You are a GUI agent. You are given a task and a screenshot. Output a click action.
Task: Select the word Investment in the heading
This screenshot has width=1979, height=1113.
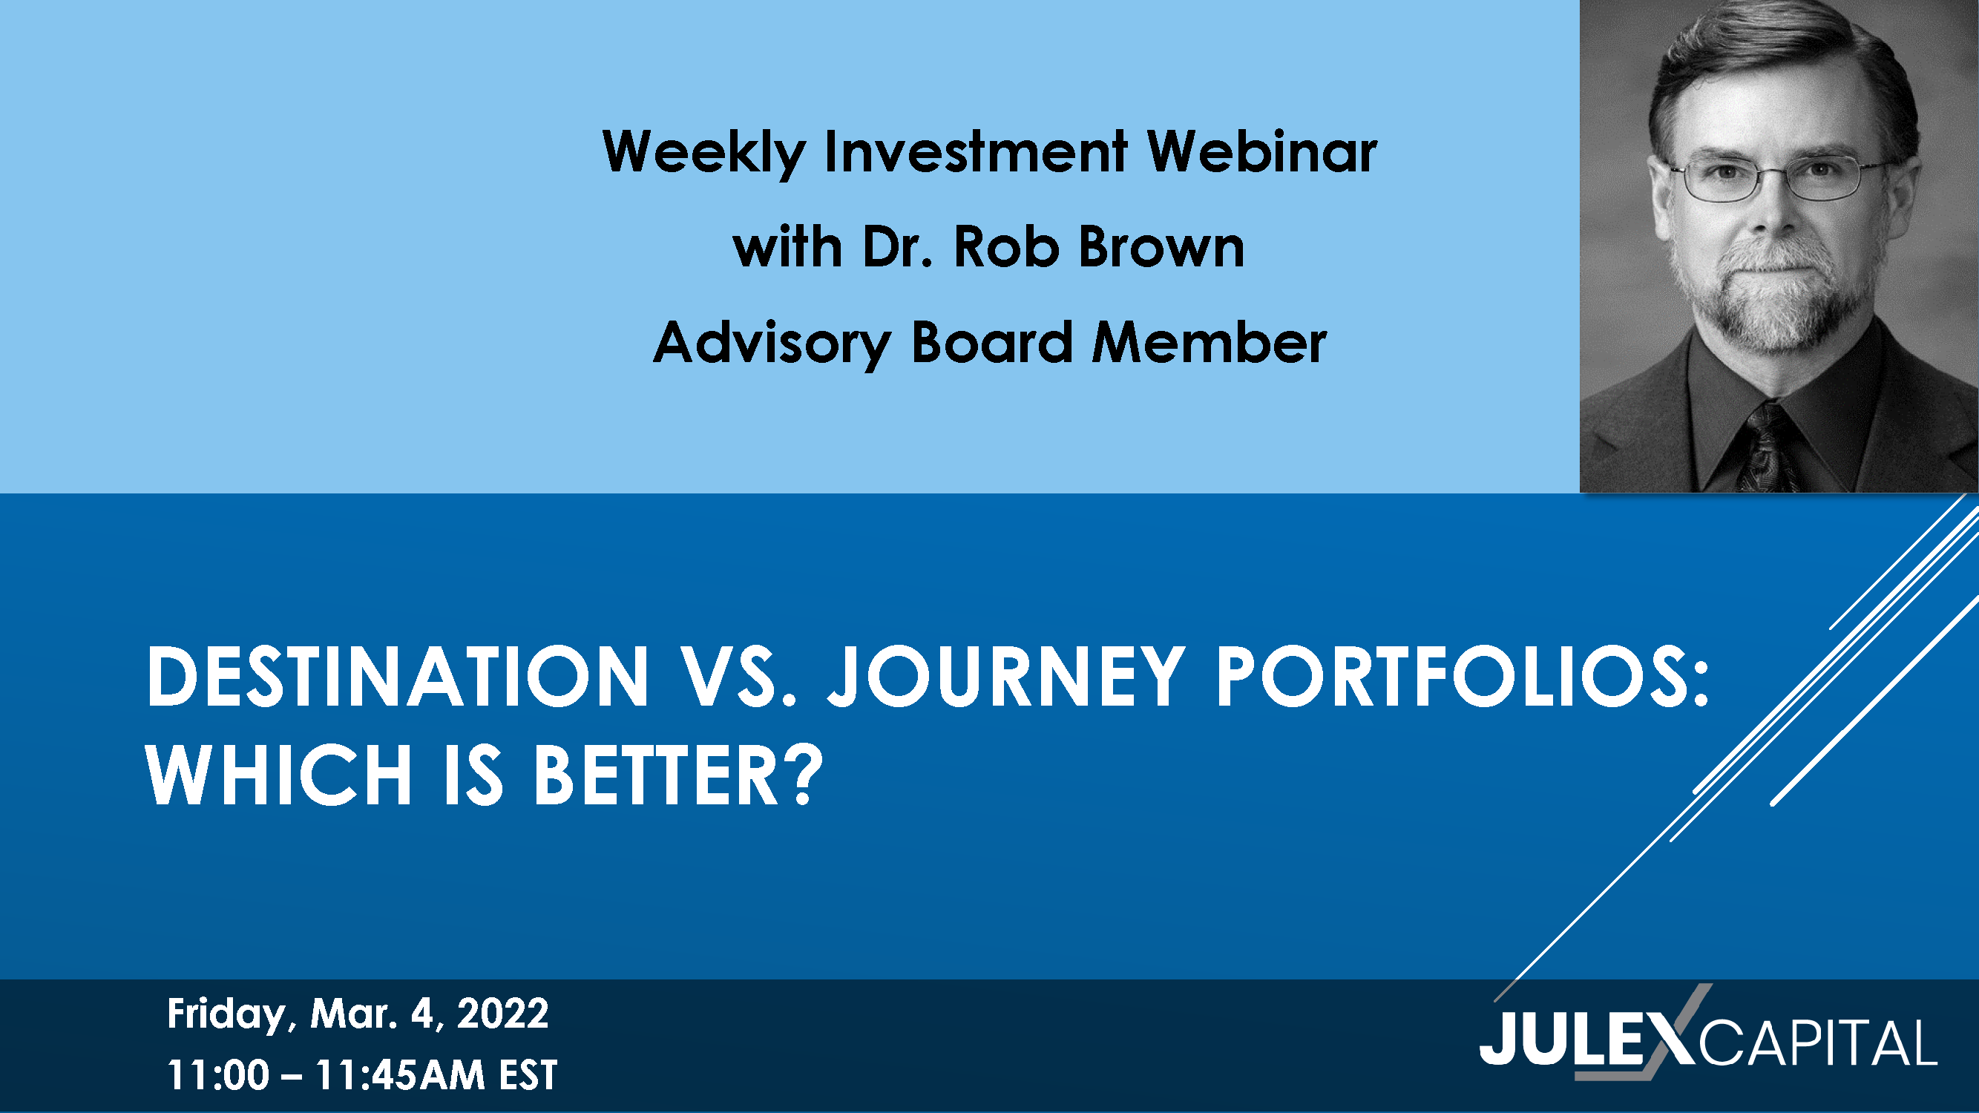(x=976, y=151)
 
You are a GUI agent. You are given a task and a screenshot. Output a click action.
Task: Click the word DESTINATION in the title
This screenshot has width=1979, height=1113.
(x=397, y=676)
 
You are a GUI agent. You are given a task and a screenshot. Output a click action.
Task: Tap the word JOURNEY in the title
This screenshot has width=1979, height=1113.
(x=1005, y=676)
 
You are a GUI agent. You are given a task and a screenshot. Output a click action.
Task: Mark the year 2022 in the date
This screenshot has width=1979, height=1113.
(x=503, y=1013)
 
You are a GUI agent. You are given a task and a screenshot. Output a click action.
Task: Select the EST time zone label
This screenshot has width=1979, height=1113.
(x=528, y=1074)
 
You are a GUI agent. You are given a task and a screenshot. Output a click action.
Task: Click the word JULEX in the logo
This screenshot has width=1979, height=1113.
(x=1586, y=1041)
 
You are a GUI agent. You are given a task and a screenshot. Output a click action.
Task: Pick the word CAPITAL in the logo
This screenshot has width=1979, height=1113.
(x=1817, y=1043)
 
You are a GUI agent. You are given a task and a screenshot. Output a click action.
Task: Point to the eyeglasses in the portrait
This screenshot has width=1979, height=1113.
(x=1778, y=178)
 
